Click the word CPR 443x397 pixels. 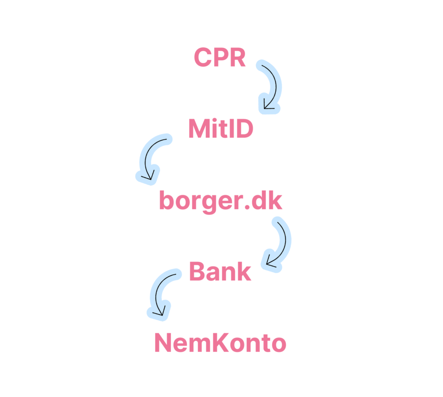(220, 57)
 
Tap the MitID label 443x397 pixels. (221, 129)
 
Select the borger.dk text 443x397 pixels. (221, 201)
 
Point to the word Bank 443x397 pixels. (220, 271)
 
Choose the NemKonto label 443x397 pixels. (221, 343)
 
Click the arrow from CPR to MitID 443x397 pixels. (276, 85)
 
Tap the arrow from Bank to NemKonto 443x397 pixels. (156, 293)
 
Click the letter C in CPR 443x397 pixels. (203, 57)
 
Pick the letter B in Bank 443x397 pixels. (197, 271)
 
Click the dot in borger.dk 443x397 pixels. (247, 207)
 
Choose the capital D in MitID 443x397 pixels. (244, 129)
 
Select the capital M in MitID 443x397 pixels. (199, 129)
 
